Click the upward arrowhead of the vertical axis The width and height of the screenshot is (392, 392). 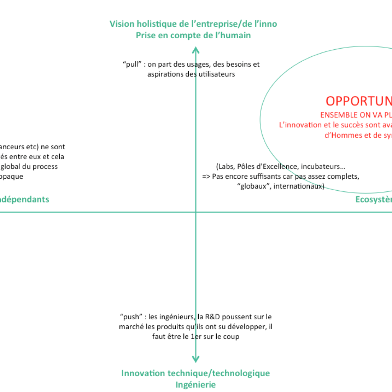(196, 49)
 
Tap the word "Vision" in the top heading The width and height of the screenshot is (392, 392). (121, 24)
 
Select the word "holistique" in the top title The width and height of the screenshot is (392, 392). (157, 24)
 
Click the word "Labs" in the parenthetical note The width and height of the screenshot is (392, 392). (226, 167)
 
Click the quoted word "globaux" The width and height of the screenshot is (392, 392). (252, 186)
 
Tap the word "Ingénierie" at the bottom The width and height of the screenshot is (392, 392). (195, 384)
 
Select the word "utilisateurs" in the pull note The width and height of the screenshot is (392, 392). (216, 74)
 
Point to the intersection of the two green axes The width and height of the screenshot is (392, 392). (196, 212)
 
